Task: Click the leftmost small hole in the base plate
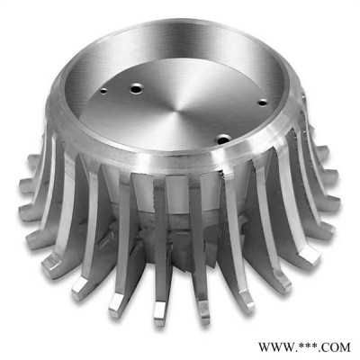103,90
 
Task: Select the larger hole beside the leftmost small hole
136,89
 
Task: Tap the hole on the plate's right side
263,103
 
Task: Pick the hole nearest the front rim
223,139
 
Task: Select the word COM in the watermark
336,347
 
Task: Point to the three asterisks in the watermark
307,346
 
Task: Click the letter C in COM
326,347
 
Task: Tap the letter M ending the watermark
345,347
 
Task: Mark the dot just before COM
319,351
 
